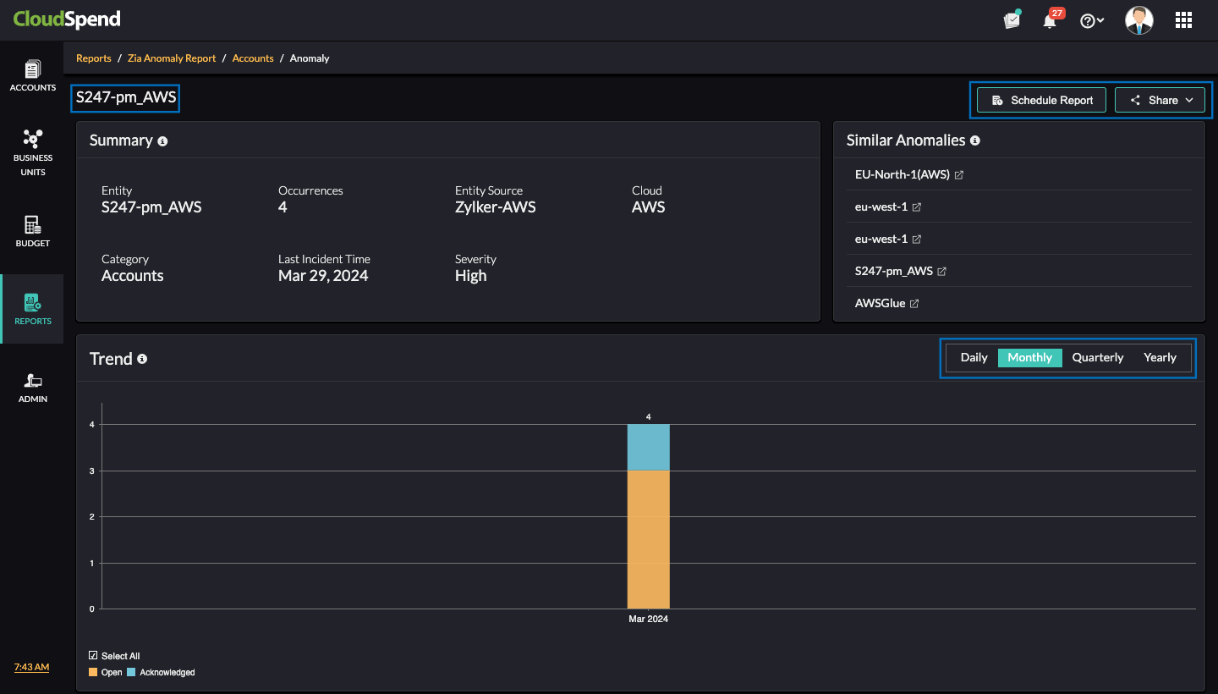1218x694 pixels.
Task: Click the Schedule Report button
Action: click(1042, 100)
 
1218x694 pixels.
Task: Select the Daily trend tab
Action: click(974, 357)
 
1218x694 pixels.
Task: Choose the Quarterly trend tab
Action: click(1097, 357)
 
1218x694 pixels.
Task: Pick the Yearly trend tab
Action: click(1160, 357)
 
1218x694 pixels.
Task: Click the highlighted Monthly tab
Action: click(1029, 357)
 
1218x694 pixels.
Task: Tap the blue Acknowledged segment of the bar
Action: click(648, 447)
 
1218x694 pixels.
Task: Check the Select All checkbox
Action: click(94, 656)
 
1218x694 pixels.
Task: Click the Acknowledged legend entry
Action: click(166, 672)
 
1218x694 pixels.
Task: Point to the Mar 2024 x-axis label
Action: click(648, 619)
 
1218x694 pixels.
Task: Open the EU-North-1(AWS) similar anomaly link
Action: click(903, 175)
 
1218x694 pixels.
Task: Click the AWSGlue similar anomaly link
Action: click(881, 303)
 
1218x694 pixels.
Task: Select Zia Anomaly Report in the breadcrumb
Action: click(172, 58)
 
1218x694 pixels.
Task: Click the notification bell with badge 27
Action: click(1050, 21)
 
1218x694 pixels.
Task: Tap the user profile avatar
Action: click(1138, 20)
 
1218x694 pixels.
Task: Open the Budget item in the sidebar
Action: click(33, 231)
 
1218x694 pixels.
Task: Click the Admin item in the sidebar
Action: click(33, 388)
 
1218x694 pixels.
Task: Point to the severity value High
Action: click(470, 276)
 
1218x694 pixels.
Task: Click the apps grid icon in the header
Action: click(1183, 20)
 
